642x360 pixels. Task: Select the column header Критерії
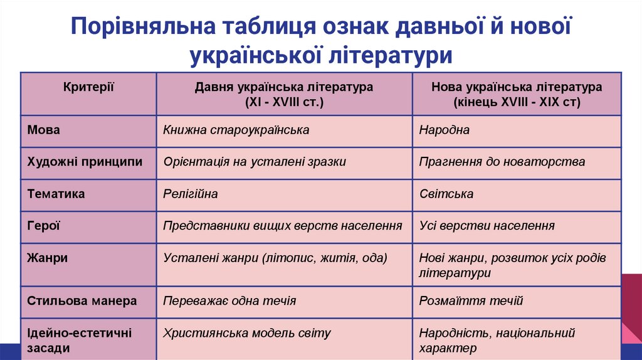click(x=88, y=87)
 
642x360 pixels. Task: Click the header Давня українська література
click(x=284, y=87)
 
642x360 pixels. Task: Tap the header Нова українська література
click(x=517, y=87)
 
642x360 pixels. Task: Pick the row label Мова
click(x=44, y=130)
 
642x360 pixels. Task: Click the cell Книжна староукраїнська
click(x=236, y=130)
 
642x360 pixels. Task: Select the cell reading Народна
click(x=445, y=130)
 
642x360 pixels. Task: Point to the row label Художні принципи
click(x=85, y=162)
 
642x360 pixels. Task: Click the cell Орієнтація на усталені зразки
click(x=255, y=162)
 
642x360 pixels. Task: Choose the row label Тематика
click(x=56, y=194)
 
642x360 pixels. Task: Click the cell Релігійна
click(x=191, y=194)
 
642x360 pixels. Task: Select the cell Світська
click(x=446, y=194)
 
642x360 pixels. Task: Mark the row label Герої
click(x=44, y=226)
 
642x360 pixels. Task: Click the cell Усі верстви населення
click(x=487, y=226)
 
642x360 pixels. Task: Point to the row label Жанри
click(x=48, y=258)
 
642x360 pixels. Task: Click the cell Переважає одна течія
click(x=229, y=301)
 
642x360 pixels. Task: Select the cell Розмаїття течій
click(x=471, y=301)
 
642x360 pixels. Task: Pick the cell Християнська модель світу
click(x=247, y=333)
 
